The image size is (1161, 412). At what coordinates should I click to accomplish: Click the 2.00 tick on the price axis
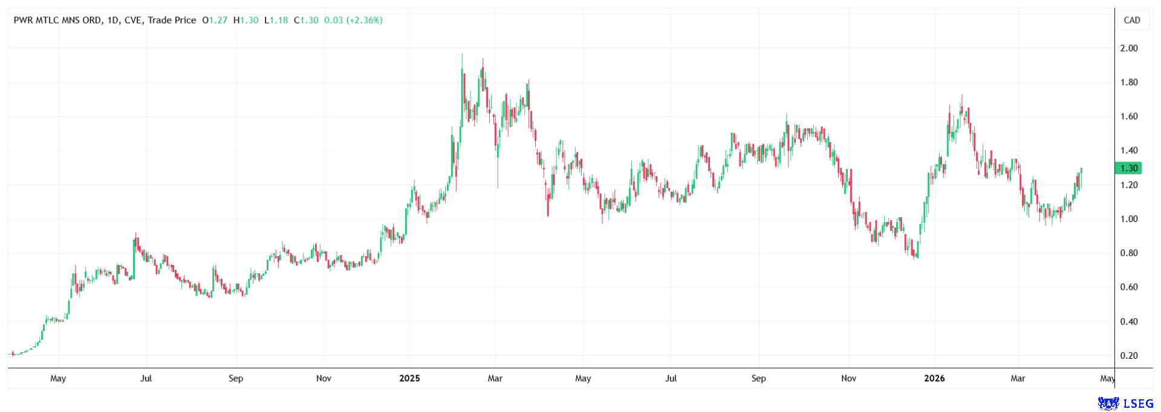(1128, 48)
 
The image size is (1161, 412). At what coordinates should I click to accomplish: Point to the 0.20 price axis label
(1128, 356)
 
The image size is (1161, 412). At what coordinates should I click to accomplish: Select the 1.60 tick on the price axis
(1128, 117)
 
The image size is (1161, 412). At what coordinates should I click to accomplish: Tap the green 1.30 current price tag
(1128, 168)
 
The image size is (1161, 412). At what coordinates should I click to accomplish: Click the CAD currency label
(1131, 20)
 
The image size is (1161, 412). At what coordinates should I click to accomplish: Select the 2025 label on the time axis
(409, 379)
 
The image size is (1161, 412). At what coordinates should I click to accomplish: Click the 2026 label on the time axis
(934, 379)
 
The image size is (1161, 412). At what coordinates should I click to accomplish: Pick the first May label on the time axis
(58, 379)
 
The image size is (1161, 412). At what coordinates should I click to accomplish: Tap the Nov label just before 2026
(848, 379)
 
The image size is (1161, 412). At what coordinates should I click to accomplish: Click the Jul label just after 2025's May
(671, 379)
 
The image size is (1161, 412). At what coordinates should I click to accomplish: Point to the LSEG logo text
(1137, 404)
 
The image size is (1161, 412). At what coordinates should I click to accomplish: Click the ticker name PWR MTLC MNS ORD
(57, 21)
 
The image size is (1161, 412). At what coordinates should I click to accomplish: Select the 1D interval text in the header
(113, 21)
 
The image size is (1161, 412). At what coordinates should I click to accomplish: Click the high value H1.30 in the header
(246, 21)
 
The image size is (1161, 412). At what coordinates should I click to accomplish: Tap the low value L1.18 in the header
(276, 21)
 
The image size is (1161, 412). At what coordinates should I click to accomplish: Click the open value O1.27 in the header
(215, 21)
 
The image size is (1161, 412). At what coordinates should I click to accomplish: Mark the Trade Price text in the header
(172, 21)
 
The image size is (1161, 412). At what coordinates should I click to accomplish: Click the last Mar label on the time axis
(1018, 379)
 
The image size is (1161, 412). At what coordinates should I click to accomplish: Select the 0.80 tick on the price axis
(1128, 253)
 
